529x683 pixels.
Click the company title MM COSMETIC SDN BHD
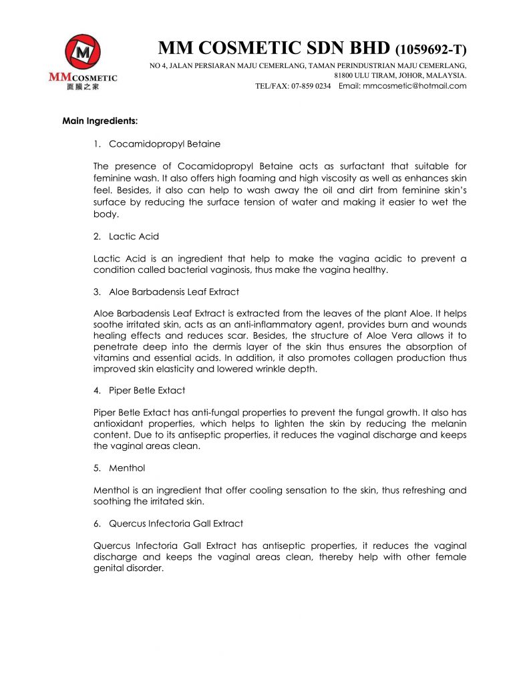click(x=275, y=49)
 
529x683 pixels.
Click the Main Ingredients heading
click(x=100, y=121)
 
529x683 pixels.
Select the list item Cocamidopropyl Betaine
click(x=164, y=143)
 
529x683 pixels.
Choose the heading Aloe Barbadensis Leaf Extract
click(x=174, y=291)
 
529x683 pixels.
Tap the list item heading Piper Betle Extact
click(x=147, y=390)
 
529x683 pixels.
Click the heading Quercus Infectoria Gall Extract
click(x=176, y=523)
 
